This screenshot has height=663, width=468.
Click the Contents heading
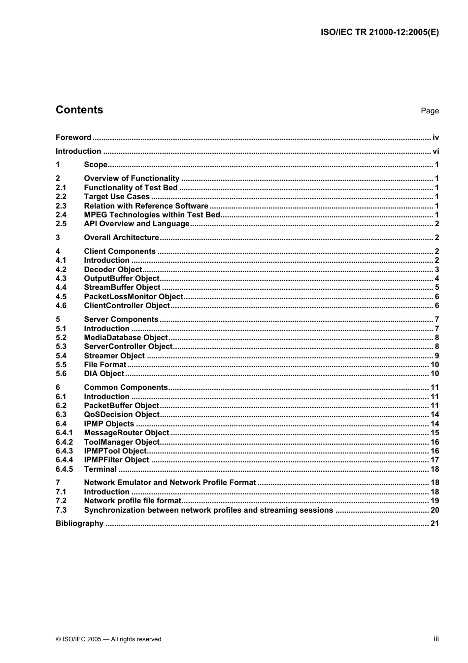tap(79, 110)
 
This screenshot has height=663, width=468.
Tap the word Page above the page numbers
tap(430, 111)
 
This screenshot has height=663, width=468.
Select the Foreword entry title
tap(73, 138)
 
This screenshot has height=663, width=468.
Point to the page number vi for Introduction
tap(435, 151)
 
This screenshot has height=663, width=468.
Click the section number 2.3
tap(61, 206)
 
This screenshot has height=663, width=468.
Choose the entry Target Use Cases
tap(117, 197)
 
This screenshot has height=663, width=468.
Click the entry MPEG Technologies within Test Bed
tap(152, 215)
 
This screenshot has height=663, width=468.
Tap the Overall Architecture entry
tap(121, 238)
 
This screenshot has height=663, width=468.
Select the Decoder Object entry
tap(113, 270)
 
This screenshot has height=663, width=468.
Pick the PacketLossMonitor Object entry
tap(134, 297)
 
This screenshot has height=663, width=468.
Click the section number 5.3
tap(61, 347)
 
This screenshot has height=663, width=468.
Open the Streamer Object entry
tap(114, 356)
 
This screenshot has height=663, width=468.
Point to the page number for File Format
tap(435, 365)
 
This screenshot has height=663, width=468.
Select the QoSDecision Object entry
tap(122, 415)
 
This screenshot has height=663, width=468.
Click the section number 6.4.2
tap(64, 442)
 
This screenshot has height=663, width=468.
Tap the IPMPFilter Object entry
tap(116, 460)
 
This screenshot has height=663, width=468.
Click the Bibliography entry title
tap(79, 523)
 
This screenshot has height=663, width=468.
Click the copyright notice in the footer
tap(108, 639)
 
